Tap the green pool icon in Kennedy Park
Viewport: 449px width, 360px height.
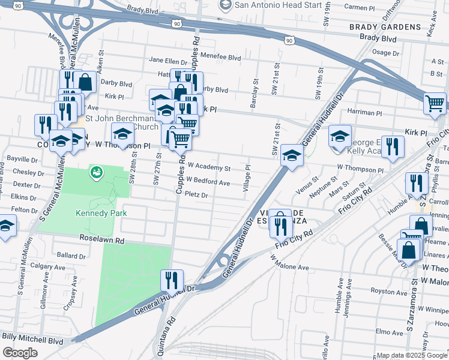[x=95, y=173]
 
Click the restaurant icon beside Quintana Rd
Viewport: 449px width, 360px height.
[x=172, y=280]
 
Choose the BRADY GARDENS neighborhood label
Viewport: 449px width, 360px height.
[x=385, y=27]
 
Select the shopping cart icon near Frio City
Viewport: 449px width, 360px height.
[x=435, y=103]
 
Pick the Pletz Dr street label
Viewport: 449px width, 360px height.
[x=196, y=195]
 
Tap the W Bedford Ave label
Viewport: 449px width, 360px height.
[x=208, y=181]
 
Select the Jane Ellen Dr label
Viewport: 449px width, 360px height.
[x=169, y=60]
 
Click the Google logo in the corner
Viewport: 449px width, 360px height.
[x=20, y=353]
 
